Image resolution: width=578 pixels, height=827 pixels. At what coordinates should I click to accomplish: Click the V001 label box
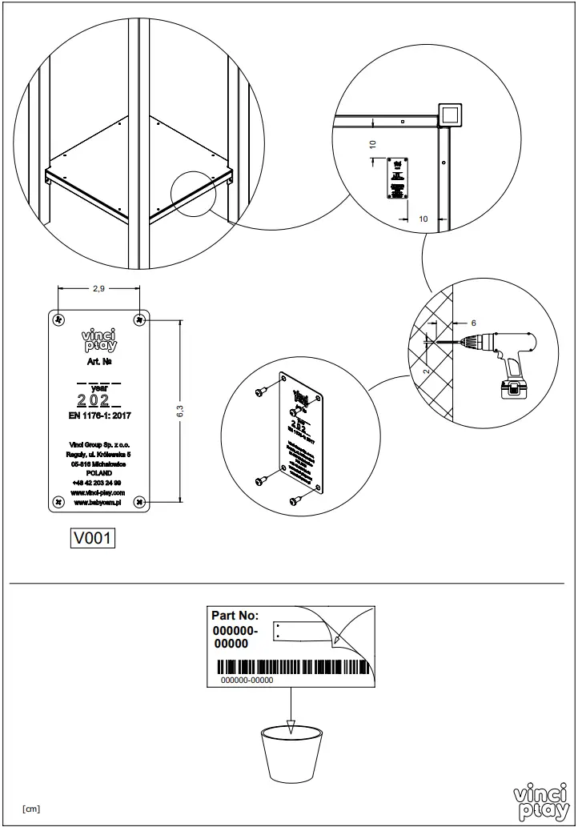click(93, 539)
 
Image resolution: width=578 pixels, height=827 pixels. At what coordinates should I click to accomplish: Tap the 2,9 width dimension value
click(98, 289)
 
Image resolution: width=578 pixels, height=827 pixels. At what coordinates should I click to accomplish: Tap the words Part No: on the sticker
click(235, 616)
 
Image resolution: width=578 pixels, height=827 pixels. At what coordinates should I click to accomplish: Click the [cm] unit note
click(31, 809)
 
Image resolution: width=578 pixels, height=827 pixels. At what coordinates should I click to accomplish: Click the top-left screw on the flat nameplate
click(58, 319)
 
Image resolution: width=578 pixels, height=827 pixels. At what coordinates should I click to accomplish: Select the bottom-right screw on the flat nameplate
click(140, 501)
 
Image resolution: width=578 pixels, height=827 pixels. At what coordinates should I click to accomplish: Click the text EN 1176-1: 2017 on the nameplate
click(99, 416)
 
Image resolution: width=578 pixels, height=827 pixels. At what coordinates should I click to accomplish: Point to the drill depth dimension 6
click(473, 323)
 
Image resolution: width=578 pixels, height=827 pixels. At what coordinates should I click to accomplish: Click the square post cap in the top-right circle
click(449, 114)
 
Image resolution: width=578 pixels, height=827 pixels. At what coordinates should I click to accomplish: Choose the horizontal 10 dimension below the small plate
click(423, 219)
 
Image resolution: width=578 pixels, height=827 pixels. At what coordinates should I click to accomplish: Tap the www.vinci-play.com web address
click(98, 493)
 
